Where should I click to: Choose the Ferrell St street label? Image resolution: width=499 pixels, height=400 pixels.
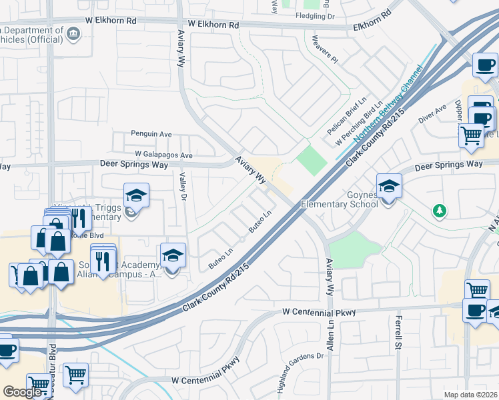[x=398, y=336]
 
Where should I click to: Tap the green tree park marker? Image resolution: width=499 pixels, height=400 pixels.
[x=439, y=211]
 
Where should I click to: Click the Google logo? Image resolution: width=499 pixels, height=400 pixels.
[x=22, y=391]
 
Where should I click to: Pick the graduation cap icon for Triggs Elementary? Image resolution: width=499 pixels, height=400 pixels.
[x=135, y=195]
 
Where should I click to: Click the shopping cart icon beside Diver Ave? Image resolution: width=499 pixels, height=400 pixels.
[x=472, y=135]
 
